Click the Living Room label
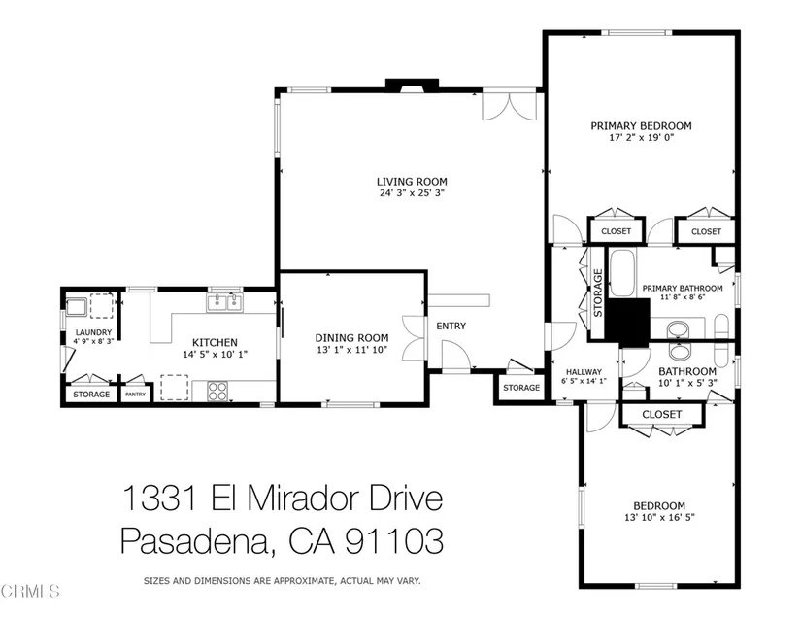[412, 182]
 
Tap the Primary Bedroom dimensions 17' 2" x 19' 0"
[642, 137]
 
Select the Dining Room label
[351, 338]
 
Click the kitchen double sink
[225, 302]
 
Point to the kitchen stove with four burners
[217, 391]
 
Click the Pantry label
[135, 395]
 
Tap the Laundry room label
[93, 332]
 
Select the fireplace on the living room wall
[412, 85]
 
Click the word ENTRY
[451, 326]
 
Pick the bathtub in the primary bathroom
[622, 273]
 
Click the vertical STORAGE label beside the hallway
[598, 292]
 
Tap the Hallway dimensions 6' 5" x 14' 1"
[584, 381]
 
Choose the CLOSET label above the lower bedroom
[661, 415]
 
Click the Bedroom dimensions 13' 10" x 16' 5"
[659, 518]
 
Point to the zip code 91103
[394, 541]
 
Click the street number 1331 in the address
[160, 498]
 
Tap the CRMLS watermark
[30, 592]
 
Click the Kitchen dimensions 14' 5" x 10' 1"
[215, 355]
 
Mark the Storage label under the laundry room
[91, 395]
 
